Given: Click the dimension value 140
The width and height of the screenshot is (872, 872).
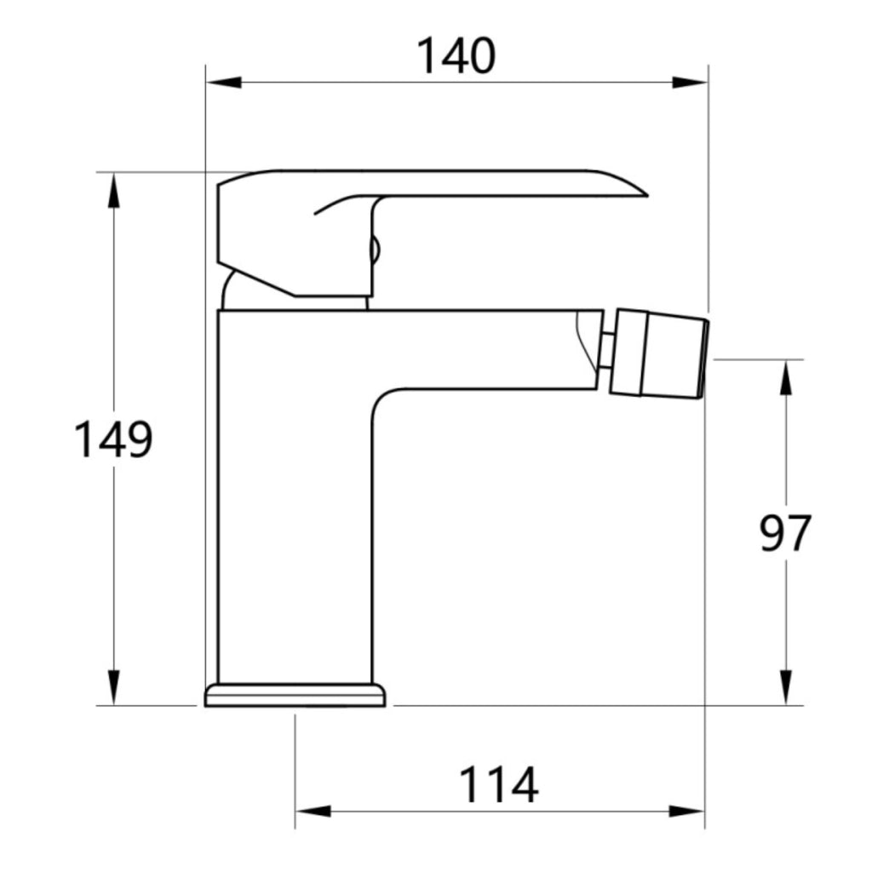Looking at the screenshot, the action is pyautogui.click(x=456, y=55).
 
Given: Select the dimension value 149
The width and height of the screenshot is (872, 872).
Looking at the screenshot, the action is pyautogui.click(x=113, y=439).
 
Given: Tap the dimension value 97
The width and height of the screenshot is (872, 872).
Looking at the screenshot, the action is pyautogui.click(x=784, y=533).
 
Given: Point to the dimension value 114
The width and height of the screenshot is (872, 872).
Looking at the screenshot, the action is pyautogui.click(x=499, y=784).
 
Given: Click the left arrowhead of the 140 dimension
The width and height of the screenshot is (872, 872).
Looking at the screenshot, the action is pyautogui.click(x=224, y=83).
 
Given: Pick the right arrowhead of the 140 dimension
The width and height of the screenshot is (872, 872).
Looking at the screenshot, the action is pyautogui.click(x=690, y=83).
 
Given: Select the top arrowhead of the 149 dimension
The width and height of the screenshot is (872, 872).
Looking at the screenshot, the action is pyautogui.click(x=113, y=190).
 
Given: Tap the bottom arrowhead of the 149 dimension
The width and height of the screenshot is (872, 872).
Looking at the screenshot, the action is pyautogui.click(x=113, y=688).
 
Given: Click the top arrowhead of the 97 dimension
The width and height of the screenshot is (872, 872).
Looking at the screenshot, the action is pyautogui.click(x=785, y=378).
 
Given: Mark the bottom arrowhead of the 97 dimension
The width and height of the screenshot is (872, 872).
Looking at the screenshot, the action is pyautogui.click(x=785, y=688).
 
